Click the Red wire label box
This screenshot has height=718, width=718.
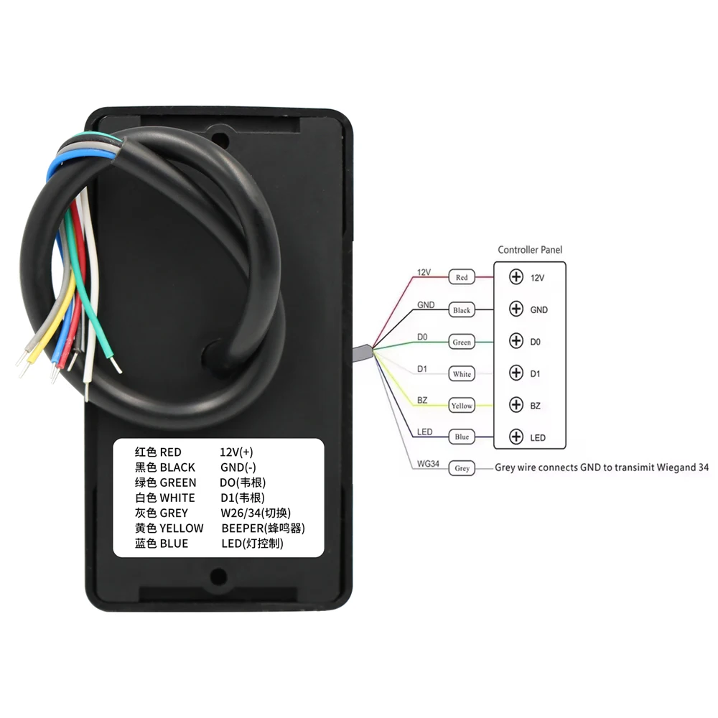click(x=462, y=277)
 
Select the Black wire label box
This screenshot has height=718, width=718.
click(x=462, y=310)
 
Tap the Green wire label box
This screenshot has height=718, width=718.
click(x=462, y=342)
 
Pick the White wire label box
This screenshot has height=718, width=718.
click(x=462, y=374)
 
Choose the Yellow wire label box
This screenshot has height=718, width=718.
click(x=462, y=406)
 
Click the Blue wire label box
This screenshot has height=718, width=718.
click(x=462, y=437)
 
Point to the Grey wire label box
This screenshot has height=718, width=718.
click(x=462, y=468)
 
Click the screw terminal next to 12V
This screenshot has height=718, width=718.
click(x=516, y=276)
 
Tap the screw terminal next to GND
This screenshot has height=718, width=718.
click(x=516, y=309)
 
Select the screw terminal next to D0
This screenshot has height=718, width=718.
click(x=516, y=340)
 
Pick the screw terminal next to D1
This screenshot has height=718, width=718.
click(x=516, y=373)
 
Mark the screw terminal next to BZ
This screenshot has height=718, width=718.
click(x=516, y=404)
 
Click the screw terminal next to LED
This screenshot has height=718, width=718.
click(x=516, y=437)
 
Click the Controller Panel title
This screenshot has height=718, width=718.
click(x=530, y=250)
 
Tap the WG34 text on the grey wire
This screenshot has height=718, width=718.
click(x=427, y=464)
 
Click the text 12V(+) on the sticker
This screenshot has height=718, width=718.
click(x=236, y=452)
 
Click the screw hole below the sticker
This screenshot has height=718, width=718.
click(x=219, y=575)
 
